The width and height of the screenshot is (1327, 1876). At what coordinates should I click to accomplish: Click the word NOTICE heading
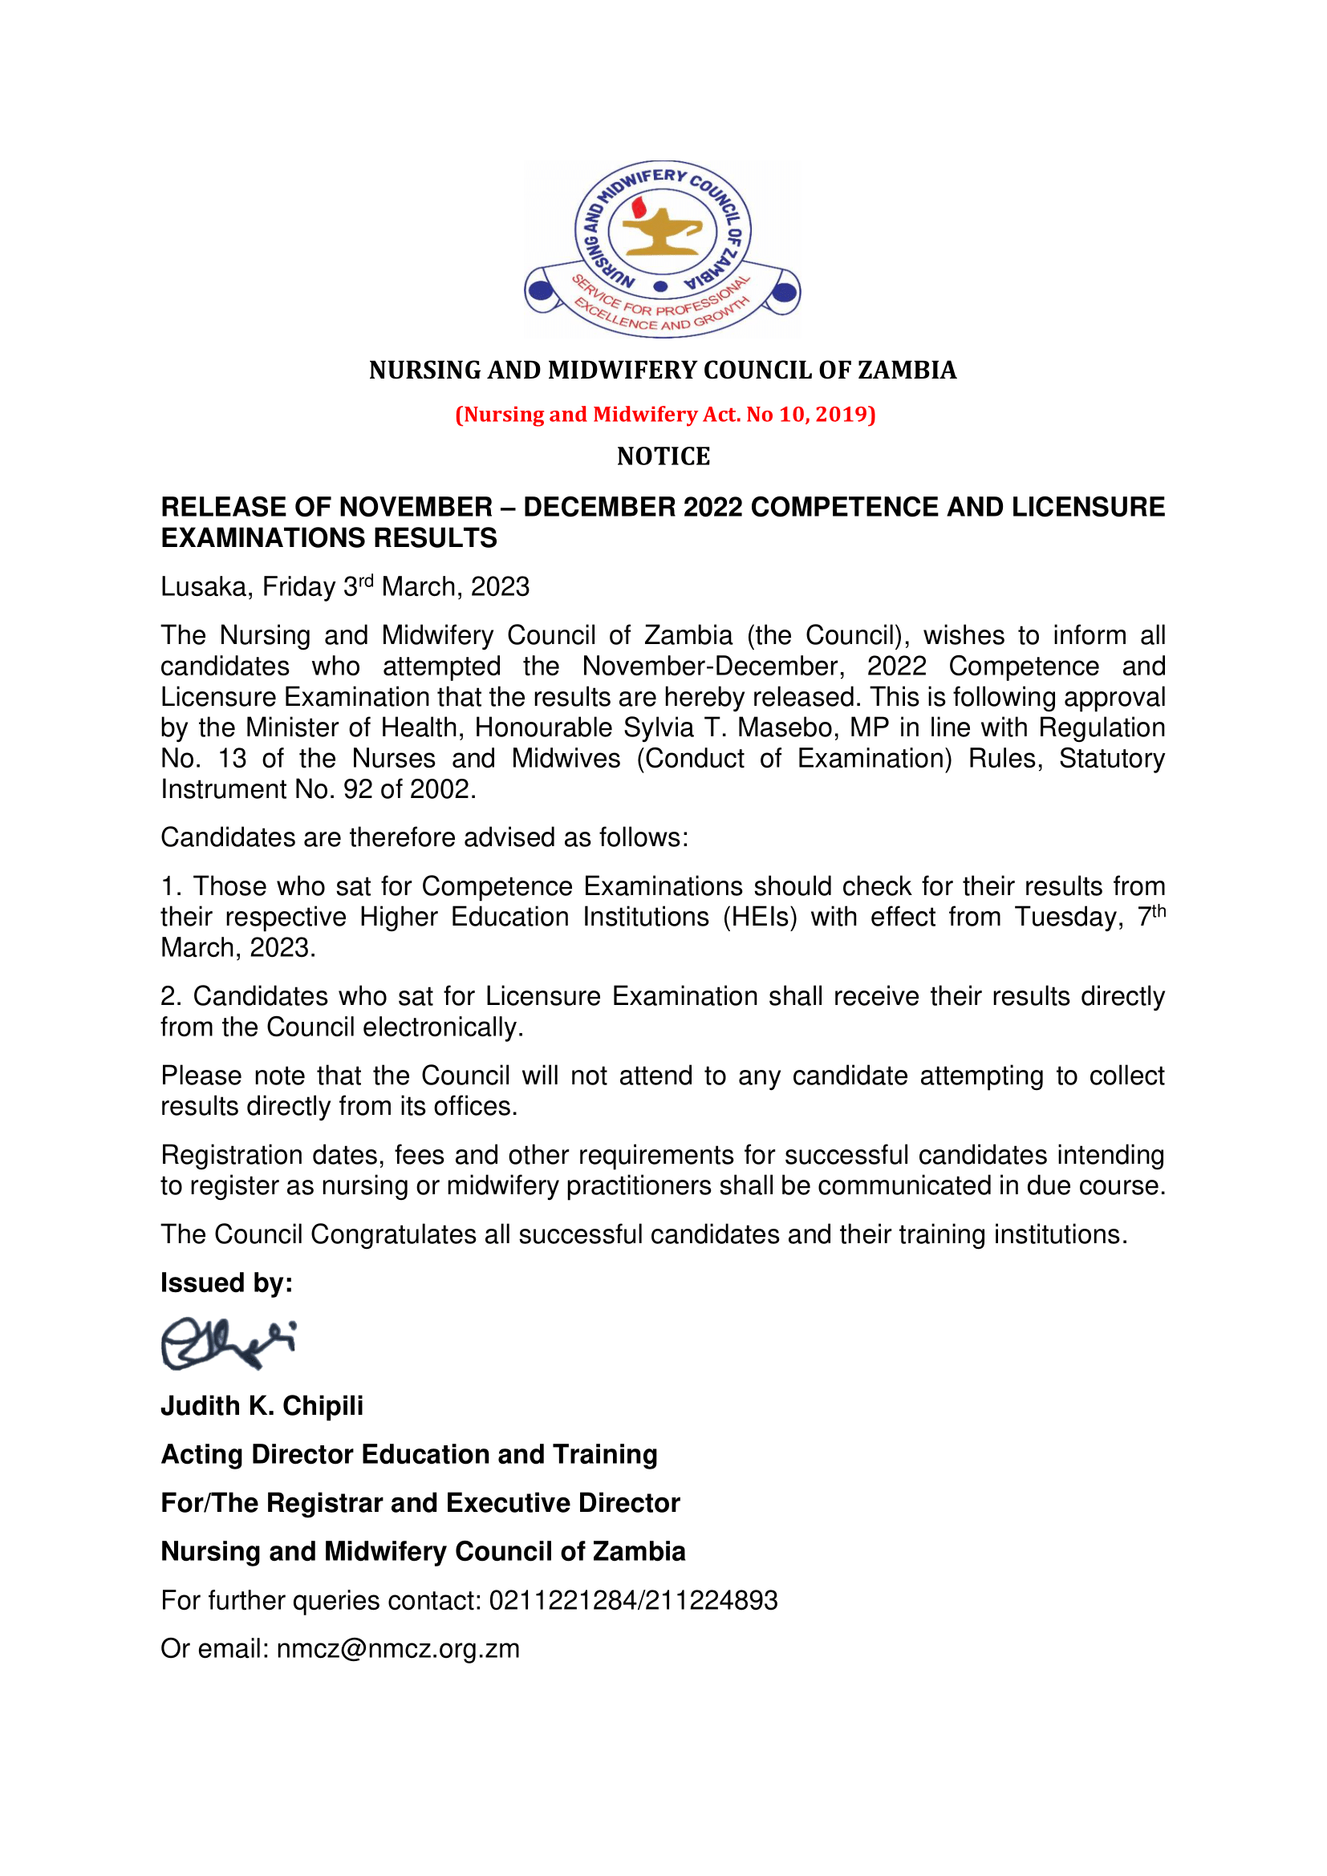coord(663,456)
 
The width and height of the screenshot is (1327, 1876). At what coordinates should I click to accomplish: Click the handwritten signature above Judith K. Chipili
coord(228,1343)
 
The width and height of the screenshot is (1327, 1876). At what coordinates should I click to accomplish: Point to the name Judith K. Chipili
coord(262,1406)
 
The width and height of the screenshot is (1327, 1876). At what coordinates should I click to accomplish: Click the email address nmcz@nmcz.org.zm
coord(398,1649)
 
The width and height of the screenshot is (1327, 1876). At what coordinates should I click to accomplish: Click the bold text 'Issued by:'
coord(226,1282)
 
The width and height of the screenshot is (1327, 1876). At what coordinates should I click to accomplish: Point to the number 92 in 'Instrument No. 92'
coord(358,789)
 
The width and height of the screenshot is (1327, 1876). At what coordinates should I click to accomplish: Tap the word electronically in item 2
coord(442,1027)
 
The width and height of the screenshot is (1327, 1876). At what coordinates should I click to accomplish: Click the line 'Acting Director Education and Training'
coord(408,1454)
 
